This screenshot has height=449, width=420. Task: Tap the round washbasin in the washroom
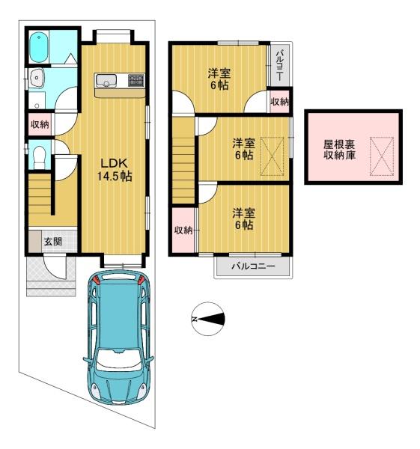pos(35,78)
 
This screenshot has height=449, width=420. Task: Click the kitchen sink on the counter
pos(106,80)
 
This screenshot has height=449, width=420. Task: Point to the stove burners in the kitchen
pos(136,79)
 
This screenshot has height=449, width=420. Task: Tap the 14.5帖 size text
pos(113,177)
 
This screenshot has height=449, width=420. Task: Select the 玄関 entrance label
pos(52,241)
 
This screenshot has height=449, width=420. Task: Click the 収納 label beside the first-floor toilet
pos(39,124)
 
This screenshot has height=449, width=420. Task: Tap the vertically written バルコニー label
pos(279,61)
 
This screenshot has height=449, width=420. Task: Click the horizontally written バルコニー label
pos(252,266)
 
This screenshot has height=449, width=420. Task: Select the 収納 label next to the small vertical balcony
pos(280,101)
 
